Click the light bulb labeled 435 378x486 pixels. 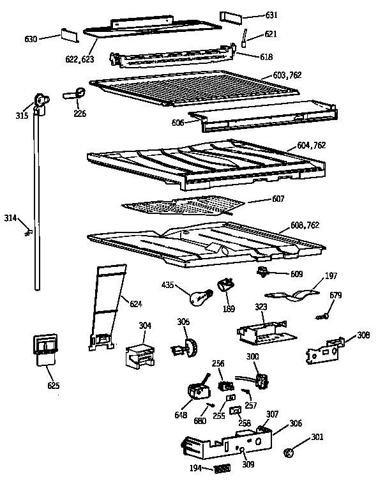pyautogui.click(x=200, y=298)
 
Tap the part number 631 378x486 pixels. pyautogui.click(x=271, y=15)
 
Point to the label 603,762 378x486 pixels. pyautogui.click(x=287, y=75)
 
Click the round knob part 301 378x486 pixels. pyautogui.click(x=289, y=453)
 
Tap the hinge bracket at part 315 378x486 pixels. pyautogui.click(x=41, y=104)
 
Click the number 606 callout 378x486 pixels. pyautogui.click(x=178, y=123)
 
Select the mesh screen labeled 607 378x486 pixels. pyautogui.click(x=183, y=205)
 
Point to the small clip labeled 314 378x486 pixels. pyautogui.click(x=29, y=232)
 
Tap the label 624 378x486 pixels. pyautogui.click(x=136, y=304)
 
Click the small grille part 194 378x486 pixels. pyautogui.click(x=222, y=468)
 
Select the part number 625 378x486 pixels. pyautogui.click(x=54, y=385)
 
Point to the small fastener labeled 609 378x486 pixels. pyautogui.click(x=262, y=272)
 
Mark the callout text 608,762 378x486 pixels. pyautogui.click(x=305, y=225)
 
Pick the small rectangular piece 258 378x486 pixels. pyautogui.click(x=236, y=411)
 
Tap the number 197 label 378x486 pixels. pyautogui.click(x=331, y=275)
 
